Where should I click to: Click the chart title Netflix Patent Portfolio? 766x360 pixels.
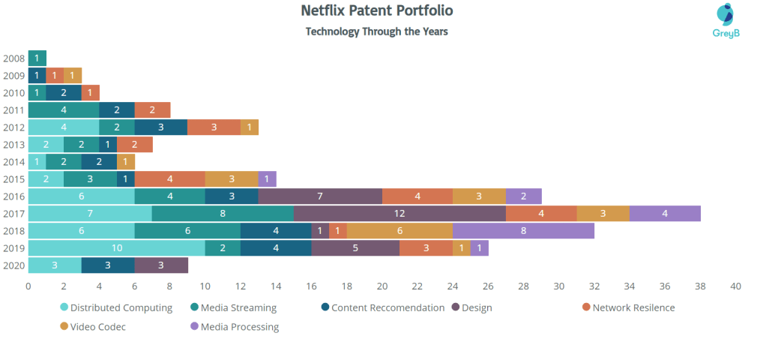click(376, 10)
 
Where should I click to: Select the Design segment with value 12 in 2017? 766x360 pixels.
click(399, 214)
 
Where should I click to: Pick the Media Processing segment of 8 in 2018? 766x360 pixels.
click(523, 230)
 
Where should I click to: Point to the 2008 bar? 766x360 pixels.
click(37, 58)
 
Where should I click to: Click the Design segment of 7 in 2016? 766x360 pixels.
click(320, 197)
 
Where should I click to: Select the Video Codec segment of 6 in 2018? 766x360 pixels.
click(399, 230)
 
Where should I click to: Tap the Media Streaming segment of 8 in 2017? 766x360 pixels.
click(223, 214)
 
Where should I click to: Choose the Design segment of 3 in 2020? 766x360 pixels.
click(160, 265)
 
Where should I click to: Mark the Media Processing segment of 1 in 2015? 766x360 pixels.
click(267, 179)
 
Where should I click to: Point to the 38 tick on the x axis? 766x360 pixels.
click(700, 286)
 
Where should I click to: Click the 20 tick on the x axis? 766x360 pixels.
click(382, 286)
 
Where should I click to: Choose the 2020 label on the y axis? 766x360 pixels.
click(13, 265)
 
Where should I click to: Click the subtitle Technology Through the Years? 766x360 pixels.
click(376, 31)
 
